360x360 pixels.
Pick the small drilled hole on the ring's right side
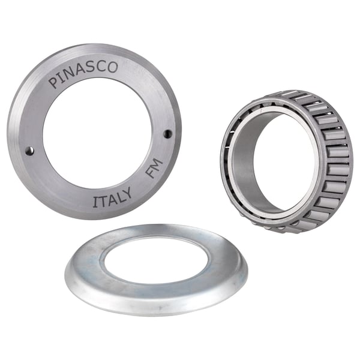coord(168,133)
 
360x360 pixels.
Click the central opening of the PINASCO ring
coord(96,138)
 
